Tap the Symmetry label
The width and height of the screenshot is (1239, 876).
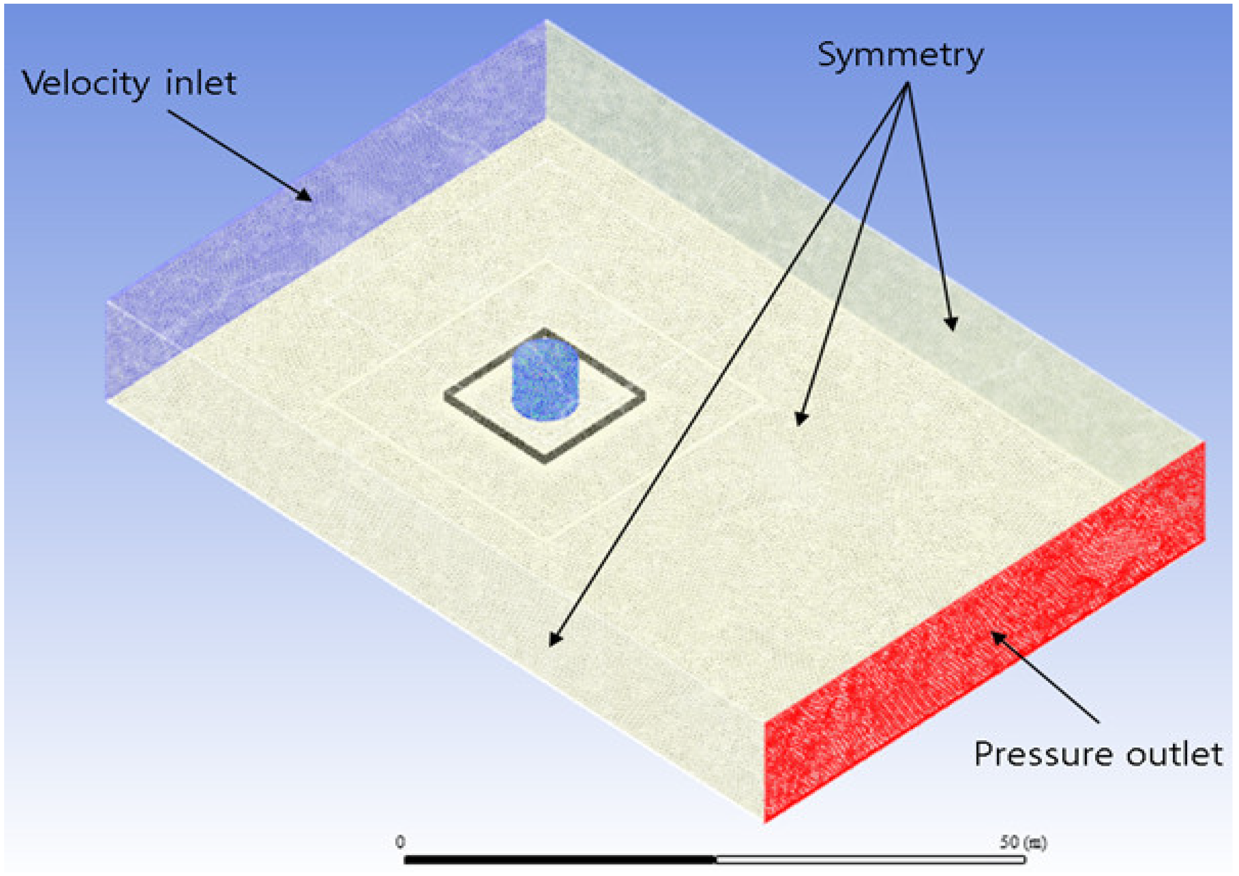click(900, 55)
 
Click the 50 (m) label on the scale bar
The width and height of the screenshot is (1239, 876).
click(1023, 841)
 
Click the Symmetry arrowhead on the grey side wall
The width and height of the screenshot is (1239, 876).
click(951, 324)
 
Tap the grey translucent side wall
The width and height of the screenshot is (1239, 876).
click(809, 216)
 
